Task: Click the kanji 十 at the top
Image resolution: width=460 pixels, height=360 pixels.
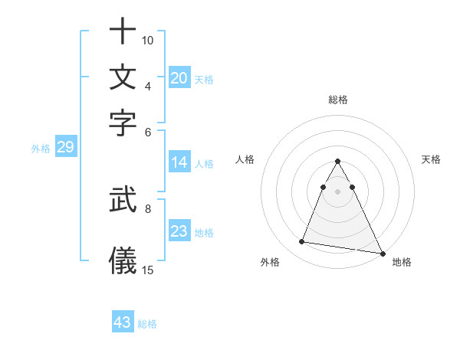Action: pos(123,33)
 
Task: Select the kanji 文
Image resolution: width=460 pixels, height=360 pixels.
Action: pos(123,78)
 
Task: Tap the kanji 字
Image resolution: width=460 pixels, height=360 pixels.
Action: pos(123,123)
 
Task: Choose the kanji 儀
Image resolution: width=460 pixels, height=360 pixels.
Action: pos(123,260)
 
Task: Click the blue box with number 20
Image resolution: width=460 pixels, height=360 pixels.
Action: pos(179,78)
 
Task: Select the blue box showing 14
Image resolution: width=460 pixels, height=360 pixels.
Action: pos(179,162)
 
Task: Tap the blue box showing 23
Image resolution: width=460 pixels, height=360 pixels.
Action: pos(179,232)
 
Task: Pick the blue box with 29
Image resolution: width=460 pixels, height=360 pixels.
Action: pos(65,147)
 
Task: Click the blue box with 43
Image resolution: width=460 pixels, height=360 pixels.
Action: pos(123,322)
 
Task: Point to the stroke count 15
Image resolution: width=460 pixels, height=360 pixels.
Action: pos(148,270)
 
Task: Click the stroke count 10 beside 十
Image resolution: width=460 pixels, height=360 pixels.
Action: pos(148,40)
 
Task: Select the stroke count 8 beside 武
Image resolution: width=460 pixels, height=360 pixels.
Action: pos(148,207)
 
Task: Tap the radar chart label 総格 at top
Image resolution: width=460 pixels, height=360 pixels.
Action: pos(338,100)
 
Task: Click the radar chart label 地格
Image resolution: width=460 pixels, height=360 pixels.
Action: pos(402,263)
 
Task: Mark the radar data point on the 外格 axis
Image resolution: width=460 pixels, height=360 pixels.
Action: pos(302,242)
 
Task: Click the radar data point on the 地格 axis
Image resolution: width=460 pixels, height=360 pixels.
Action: pos(383,254)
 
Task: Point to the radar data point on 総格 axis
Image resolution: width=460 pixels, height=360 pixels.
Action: pos(338,161)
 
